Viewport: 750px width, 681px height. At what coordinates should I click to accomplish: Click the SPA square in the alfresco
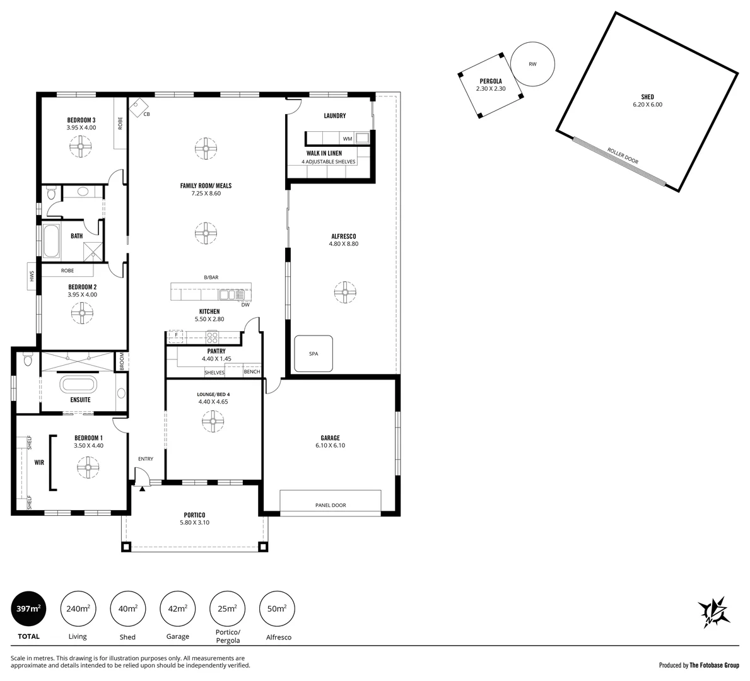[x=313, y=354]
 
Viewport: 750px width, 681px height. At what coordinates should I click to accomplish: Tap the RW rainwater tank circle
[x=532, y=64]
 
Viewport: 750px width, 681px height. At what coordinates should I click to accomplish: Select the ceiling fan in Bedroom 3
[x=81, y=148]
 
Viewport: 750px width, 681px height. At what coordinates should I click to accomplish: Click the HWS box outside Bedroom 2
[x=30, y=276]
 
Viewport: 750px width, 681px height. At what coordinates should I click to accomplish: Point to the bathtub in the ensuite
[x=78, y=385]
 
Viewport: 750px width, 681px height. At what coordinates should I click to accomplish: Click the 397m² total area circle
[x=28, y=608]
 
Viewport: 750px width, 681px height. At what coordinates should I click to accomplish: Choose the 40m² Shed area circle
[x=127, y=608]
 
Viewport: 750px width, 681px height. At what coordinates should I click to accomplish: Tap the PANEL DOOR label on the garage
[x=331, y=505]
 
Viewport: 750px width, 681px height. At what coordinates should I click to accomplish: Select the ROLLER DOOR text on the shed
[x=623, y=156]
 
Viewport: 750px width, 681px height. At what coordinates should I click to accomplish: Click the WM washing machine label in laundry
[x=347, y=138]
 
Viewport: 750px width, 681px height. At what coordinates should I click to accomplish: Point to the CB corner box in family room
[x=138, y=107]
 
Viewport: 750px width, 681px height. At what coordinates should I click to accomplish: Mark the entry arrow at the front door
[x=143, y=487]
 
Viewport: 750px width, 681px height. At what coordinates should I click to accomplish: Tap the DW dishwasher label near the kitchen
[x=245, y=305]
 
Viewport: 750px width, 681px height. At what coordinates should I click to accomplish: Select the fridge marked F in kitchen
[x=176, y=334]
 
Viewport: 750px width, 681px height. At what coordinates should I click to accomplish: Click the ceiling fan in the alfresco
[x=345, y=291]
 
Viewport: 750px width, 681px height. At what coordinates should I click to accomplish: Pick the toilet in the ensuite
[x=26, y=360]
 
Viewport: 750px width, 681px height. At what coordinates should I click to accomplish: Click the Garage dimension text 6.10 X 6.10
[x=330, y=445]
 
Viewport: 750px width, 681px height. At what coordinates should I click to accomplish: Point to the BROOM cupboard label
[x=122, y=361]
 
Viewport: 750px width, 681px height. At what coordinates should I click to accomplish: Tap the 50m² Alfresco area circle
[x=276, y=608]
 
